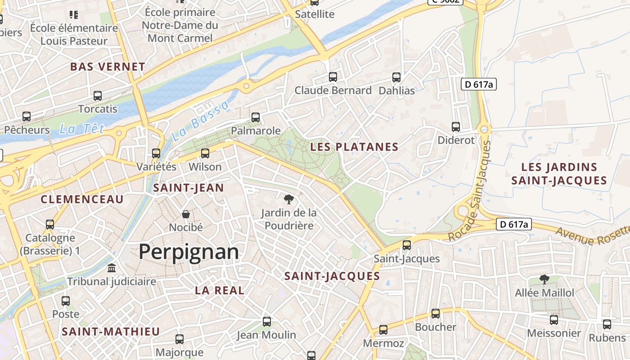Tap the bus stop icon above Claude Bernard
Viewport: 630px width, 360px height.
333,77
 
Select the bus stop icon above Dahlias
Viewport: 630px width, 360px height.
396,77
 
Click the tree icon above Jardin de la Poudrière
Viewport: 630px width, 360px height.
288,199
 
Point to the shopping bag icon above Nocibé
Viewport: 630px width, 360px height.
185,214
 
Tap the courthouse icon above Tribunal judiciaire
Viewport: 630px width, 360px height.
112,268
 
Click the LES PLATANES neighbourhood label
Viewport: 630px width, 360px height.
355,147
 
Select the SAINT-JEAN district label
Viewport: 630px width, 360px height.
189,188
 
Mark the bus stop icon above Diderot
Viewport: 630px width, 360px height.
456,127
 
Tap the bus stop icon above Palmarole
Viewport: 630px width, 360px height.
256,117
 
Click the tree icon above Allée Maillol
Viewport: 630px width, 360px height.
544,279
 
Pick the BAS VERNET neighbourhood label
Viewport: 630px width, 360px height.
108,67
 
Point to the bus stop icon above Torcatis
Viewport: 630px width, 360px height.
98,96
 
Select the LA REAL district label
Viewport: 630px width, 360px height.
220,291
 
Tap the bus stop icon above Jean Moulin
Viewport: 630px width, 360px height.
267,322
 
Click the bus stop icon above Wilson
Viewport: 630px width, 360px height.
205,153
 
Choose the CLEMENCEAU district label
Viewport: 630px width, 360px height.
82,199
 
